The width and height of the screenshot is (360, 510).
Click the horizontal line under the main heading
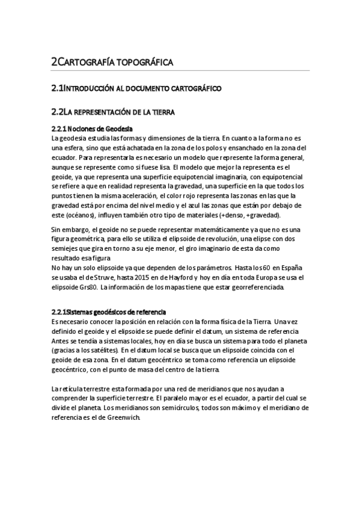(180, 70)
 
